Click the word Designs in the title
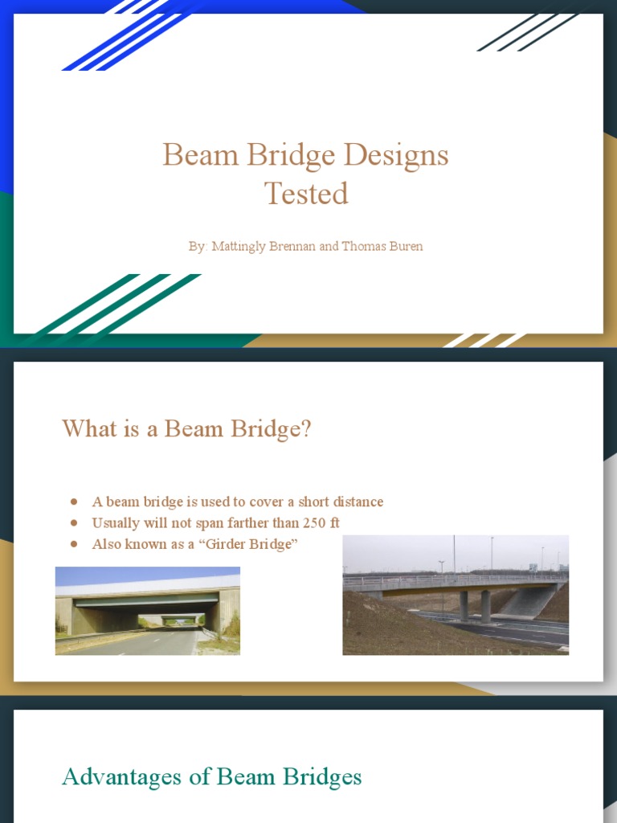click(397, 155)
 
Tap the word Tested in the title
click(306, 194)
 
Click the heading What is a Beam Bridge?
click(186, 428)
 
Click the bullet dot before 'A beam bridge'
click(74, 502)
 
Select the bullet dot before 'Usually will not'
click(74, 522)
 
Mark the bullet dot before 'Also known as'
click(74, 544)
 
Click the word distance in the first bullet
click(355, 502)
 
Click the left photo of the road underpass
click(147, 611)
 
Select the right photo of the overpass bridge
click(456, 595)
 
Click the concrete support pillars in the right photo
click(474, 605)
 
